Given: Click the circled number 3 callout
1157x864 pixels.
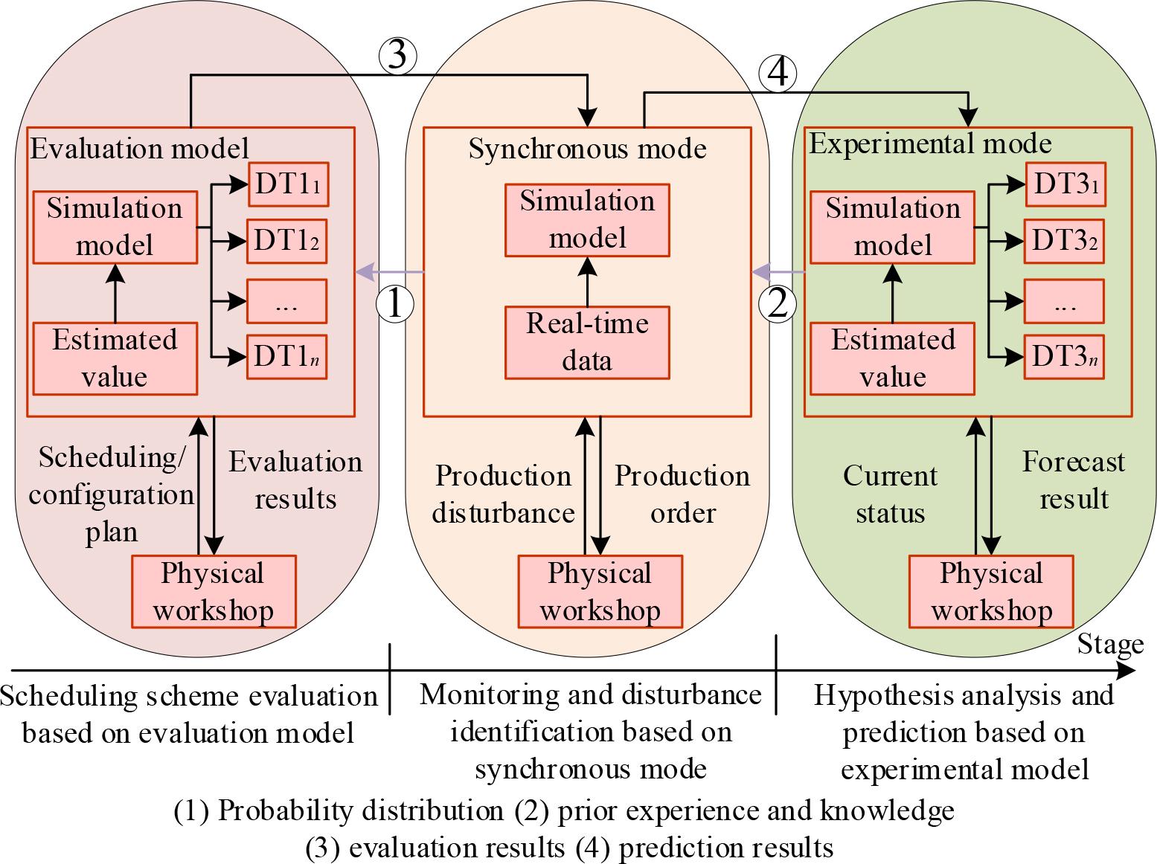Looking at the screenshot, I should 397,55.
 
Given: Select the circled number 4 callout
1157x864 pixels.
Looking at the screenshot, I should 777,74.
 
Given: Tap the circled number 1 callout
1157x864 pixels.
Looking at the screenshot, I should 394,304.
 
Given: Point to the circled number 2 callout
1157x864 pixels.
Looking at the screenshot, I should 777,304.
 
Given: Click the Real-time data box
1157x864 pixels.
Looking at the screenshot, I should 587,342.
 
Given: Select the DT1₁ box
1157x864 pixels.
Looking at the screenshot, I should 287,184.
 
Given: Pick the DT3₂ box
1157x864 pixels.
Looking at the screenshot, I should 1064,241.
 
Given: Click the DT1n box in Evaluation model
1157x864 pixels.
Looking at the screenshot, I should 287,358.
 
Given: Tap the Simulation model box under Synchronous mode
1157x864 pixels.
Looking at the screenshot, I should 587,219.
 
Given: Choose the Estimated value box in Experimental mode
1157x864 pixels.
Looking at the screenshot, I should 892,358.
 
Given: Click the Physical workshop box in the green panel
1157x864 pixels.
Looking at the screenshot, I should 991,592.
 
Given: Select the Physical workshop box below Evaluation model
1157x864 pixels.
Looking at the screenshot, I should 214,592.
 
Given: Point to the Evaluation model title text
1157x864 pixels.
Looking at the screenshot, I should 139,149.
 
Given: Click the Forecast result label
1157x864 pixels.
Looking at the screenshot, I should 1073,480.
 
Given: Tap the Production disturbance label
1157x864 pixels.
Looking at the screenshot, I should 503,494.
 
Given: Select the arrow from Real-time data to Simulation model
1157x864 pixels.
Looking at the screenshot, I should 587,281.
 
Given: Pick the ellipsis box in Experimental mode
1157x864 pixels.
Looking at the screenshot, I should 1064,301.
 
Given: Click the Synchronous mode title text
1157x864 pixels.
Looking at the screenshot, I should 587,149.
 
